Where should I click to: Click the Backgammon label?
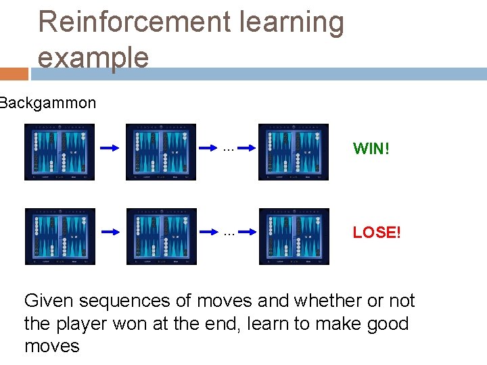pyautogui.click(x=47, y=103)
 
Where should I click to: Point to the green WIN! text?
pyautogui.click(x=371, y=149)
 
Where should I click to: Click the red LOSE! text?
pyautogui.click(x=377, y=233)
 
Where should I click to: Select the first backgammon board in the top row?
pyautogui.click(x=60, y=152)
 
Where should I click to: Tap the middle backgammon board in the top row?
pyautogui.click(x=161, y=152)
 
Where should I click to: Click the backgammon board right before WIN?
pyautogui.click(x=294, y=152)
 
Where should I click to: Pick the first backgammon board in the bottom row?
pyautogui.click(x=60, y=236)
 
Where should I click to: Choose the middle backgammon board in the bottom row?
pyautogui.click(x=161, y=236)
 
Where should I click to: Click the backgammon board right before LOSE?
pyautogui.click(x=294, y=236)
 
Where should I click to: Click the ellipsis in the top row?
pyautogui.click(x=228, y=147)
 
